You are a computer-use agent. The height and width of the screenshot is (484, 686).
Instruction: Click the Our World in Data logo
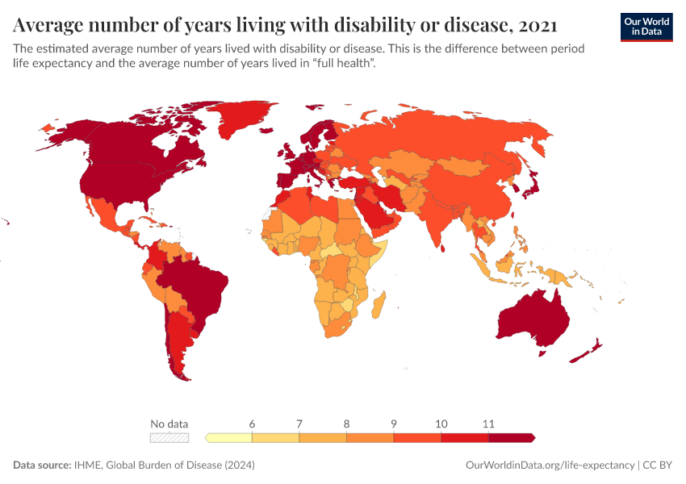point(646,27)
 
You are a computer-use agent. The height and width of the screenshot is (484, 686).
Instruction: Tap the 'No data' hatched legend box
point(169,438)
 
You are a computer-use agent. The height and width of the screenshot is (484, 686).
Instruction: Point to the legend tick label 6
point(252,423)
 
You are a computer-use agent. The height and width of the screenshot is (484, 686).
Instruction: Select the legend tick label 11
point(488,423)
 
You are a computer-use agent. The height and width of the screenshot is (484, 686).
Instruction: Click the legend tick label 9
point(394,423)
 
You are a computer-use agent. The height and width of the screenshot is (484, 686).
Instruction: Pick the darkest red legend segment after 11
point(511,438)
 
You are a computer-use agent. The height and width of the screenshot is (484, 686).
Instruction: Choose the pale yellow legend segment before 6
point(230,438)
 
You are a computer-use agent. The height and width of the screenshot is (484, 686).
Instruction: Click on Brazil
point(198,282)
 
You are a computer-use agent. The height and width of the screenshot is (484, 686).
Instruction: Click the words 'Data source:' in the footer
point(41,465)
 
